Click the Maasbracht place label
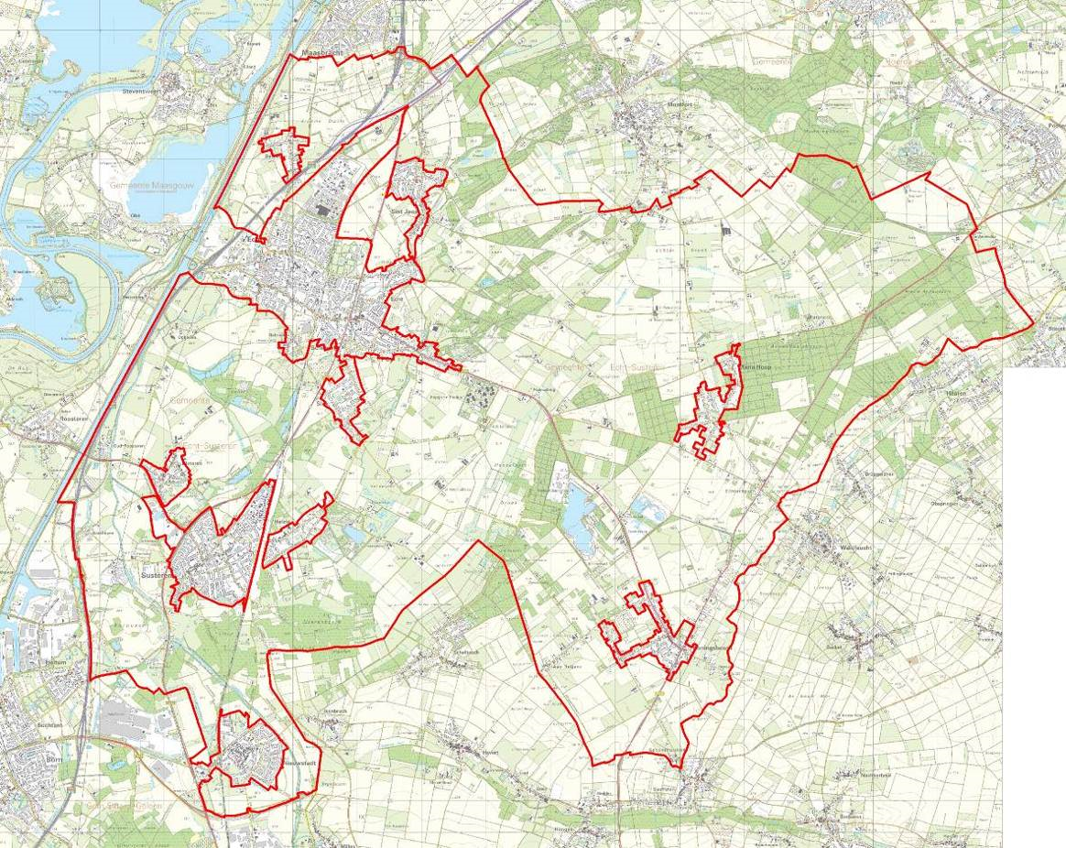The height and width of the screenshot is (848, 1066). coord(320,54)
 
